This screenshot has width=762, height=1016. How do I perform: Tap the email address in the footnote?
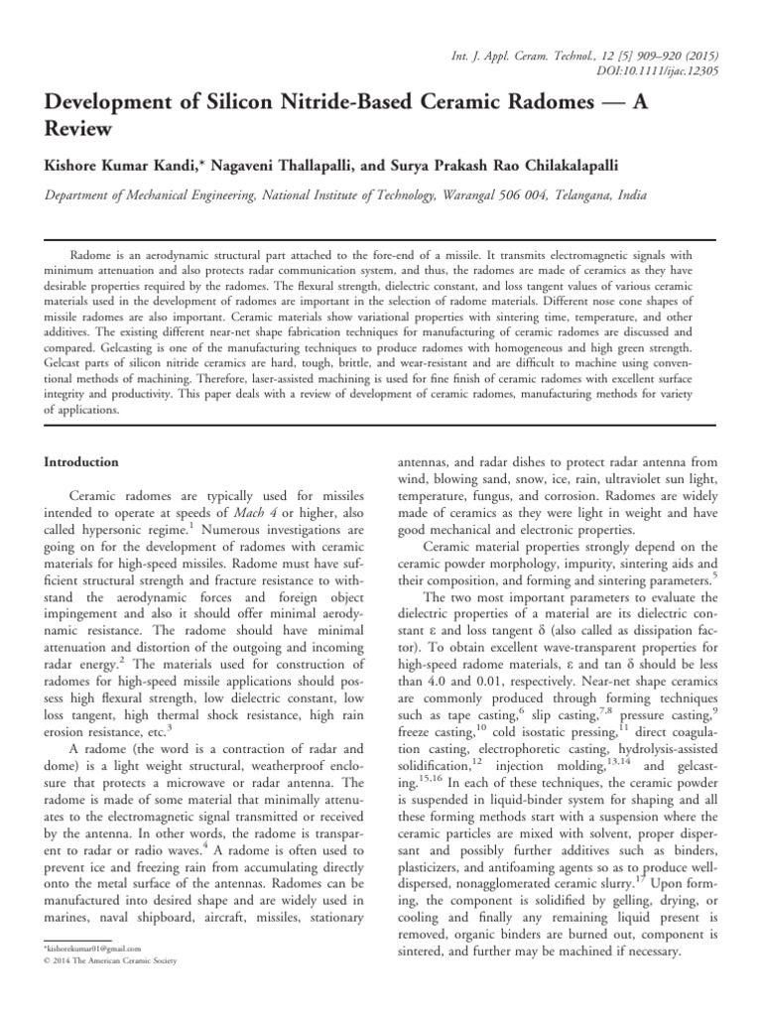(x=85, y=951)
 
